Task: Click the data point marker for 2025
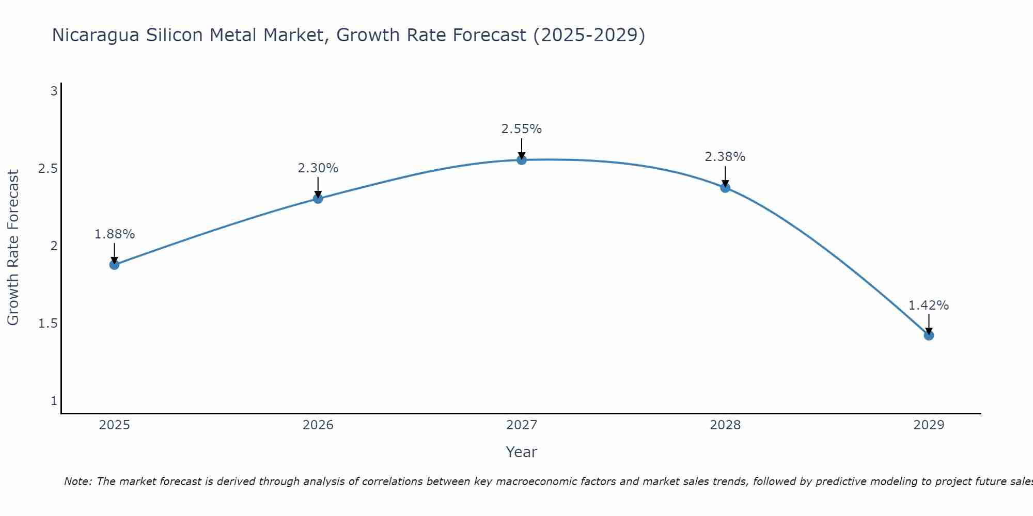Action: [114, 265]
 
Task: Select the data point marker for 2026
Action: [318, 199]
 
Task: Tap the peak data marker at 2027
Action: [522, 160]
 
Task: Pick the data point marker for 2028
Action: [725, 187]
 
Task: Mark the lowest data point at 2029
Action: [929, 335]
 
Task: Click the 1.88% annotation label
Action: [114, 234]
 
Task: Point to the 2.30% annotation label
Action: [318, 168]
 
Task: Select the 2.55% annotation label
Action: [522, 129]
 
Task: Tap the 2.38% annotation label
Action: [725, 157]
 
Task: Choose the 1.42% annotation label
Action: [929, 305]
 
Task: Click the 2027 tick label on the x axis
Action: [522, 425]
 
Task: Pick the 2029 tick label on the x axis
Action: [929, 425]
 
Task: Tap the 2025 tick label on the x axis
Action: [114, 425]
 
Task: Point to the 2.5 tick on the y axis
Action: [48, 169]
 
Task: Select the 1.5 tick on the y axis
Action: [48, 324]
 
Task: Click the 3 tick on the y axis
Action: [53, 91]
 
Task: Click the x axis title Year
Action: [522, 452]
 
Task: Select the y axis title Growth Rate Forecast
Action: [13, 248]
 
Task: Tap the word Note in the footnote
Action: [77, 481]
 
